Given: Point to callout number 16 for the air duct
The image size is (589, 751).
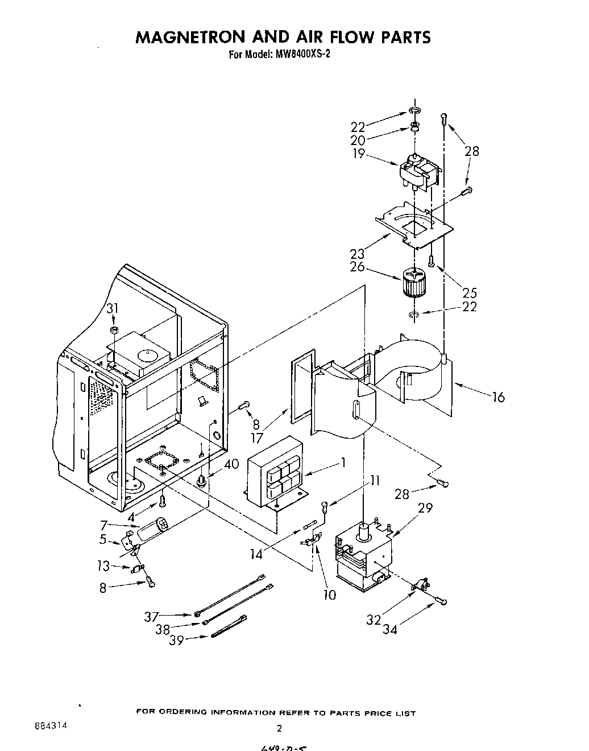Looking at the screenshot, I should (498, 397).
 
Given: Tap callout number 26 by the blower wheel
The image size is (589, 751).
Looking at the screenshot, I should (358, 267).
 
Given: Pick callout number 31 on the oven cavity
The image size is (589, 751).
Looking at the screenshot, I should (113, 308).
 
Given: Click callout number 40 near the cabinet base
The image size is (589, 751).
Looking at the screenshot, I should (231, 464).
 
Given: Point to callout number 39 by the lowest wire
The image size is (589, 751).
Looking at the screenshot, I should (177, 640).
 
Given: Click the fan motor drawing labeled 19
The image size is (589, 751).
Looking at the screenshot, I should (421, 171).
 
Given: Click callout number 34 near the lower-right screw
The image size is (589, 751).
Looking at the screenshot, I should (389, 629).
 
